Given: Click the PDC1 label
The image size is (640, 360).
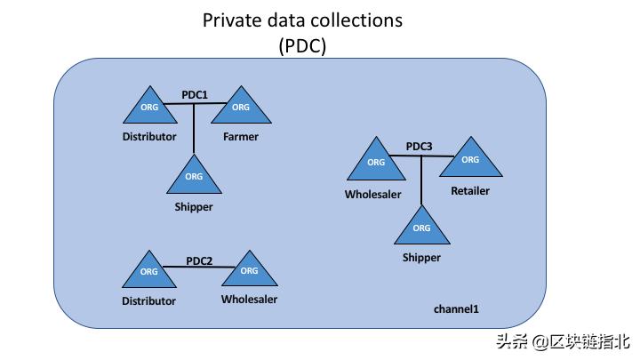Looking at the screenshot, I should pos(194,93).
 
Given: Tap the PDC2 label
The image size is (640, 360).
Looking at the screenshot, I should pos(199,260).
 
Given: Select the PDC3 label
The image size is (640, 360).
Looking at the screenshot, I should pos(419,146).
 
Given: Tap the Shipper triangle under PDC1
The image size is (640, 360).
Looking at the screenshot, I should pos(194,176).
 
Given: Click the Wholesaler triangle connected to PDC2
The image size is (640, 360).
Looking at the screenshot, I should pos(249,270).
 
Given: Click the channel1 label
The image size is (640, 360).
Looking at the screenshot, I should pos(456,308).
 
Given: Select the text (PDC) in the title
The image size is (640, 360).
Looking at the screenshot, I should pos(302,46).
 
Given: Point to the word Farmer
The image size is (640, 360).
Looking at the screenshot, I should pos(240,137).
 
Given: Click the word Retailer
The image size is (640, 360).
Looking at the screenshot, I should pos(470,190).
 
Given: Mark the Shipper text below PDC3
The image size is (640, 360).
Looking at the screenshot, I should pos(421,258).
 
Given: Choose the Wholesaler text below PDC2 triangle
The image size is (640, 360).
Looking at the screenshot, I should pos(249,300).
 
